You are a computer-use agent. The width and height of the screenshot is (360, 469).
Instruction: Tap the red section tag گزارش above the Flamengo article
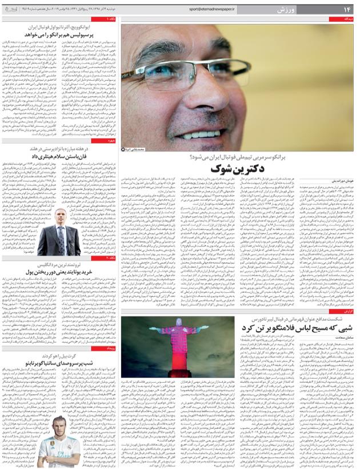pos(348,311)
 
